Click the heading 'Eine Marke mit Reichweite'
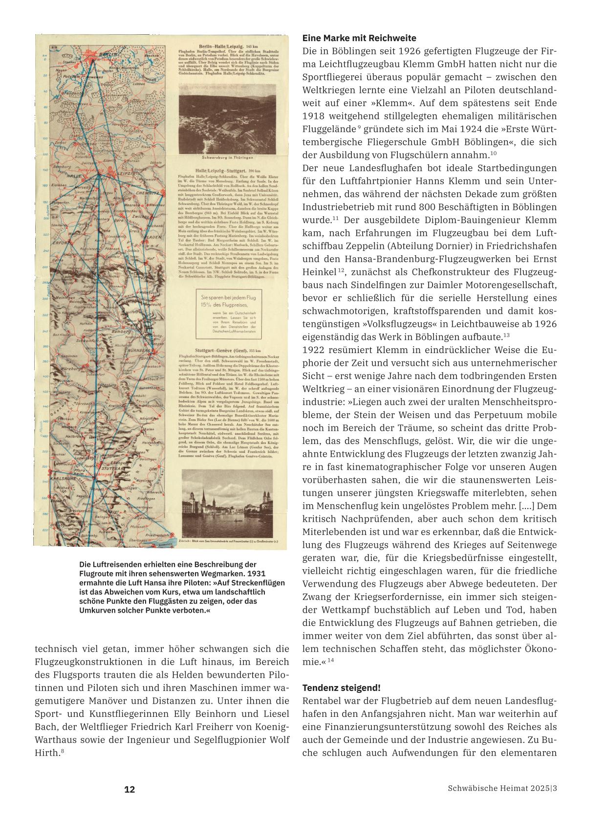click(359, 38)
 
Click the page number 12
click(130, 789)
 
